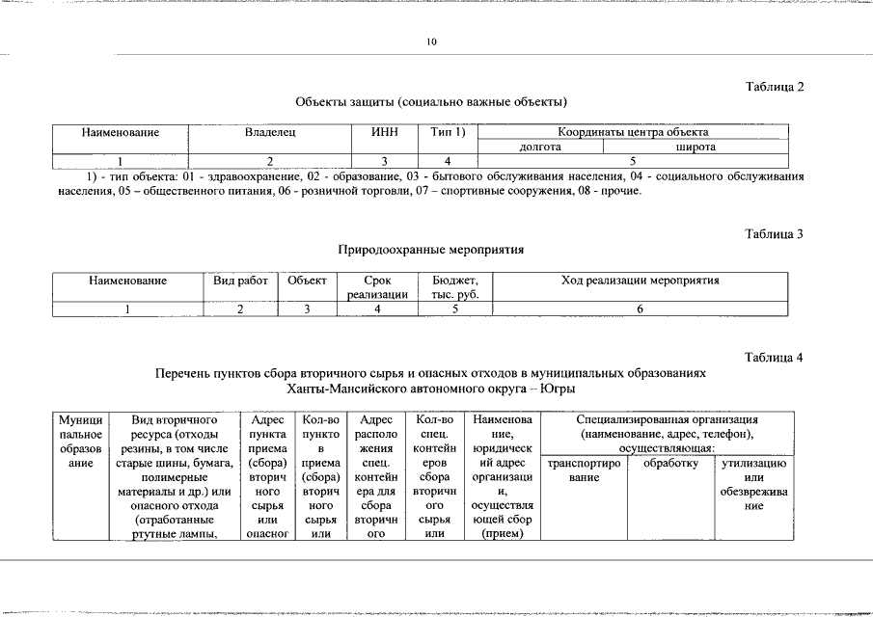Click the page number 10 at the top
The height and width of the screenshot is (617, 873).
tap(431, 42)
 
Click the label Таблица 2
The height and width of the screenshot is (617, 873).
tap(775, 87)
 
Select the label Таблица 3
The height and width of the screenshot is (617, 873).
tap(775, 234)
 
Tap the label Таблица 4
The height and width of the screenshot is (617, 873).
tap(775, 358)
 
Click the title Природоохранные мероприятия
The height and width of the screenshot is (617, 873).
tap(430, 250)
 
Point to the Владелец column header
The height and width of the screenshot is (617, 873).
tap(269, 132)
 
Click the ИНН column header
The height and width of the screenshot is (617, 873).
tap(385, 132)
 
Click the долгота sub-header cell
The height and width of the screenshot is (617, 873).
tap(540, 147)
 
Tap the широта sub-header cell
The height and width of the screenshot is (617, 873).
tap(696, 147)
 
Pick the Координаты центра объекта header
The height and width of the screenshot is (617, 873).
tap(633, 132)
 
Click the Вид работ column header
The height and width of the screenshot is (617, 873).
tap(240, 281)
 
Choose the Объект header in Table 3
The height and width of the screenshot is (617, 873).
tap(307, 281)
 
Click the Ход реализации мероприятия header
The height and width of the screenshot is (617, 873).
tap(641, 281)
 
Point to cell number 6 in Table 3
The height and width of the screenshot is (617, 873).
tap(641, 308)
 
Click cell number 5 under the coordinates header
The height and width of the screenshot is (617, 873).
tap(633, 161)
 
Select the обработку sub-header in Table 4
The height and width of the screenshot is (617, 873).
tap(670, 464)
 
